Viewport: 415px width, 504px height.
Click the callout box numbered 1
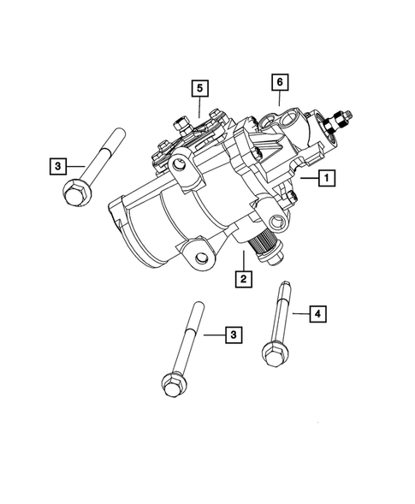pos(326,179)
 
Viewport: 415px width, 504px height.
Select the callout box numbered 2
pos(243,278)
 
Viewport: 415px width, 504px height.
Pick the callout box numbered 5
pos(199,88)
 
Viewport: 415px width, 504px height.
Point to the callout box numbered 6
pos(278,82)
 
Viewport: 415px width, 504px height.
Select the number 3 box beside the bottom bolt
pos(231,335)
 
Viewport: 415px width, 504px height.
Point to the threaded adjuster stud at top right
pos(346,114)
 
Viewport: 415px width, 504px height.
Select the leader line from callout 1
pos(307,179)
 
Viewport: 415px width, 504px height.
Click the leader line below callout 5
pos(199,107)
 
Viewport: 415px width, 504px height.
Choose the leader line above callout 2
pos(244,262)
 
